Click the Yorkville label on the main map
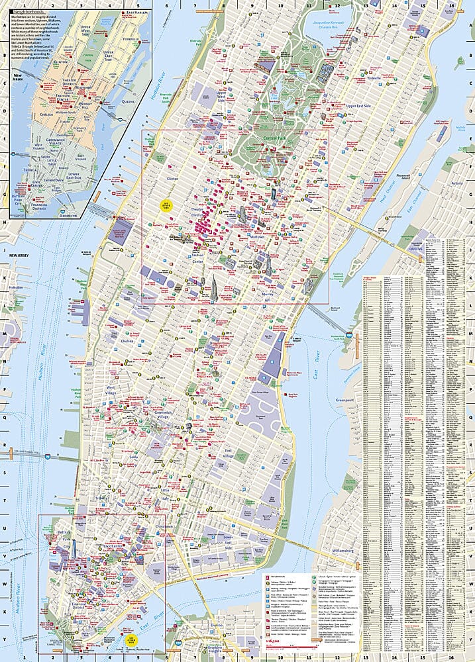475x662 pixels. pos(378,78)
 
